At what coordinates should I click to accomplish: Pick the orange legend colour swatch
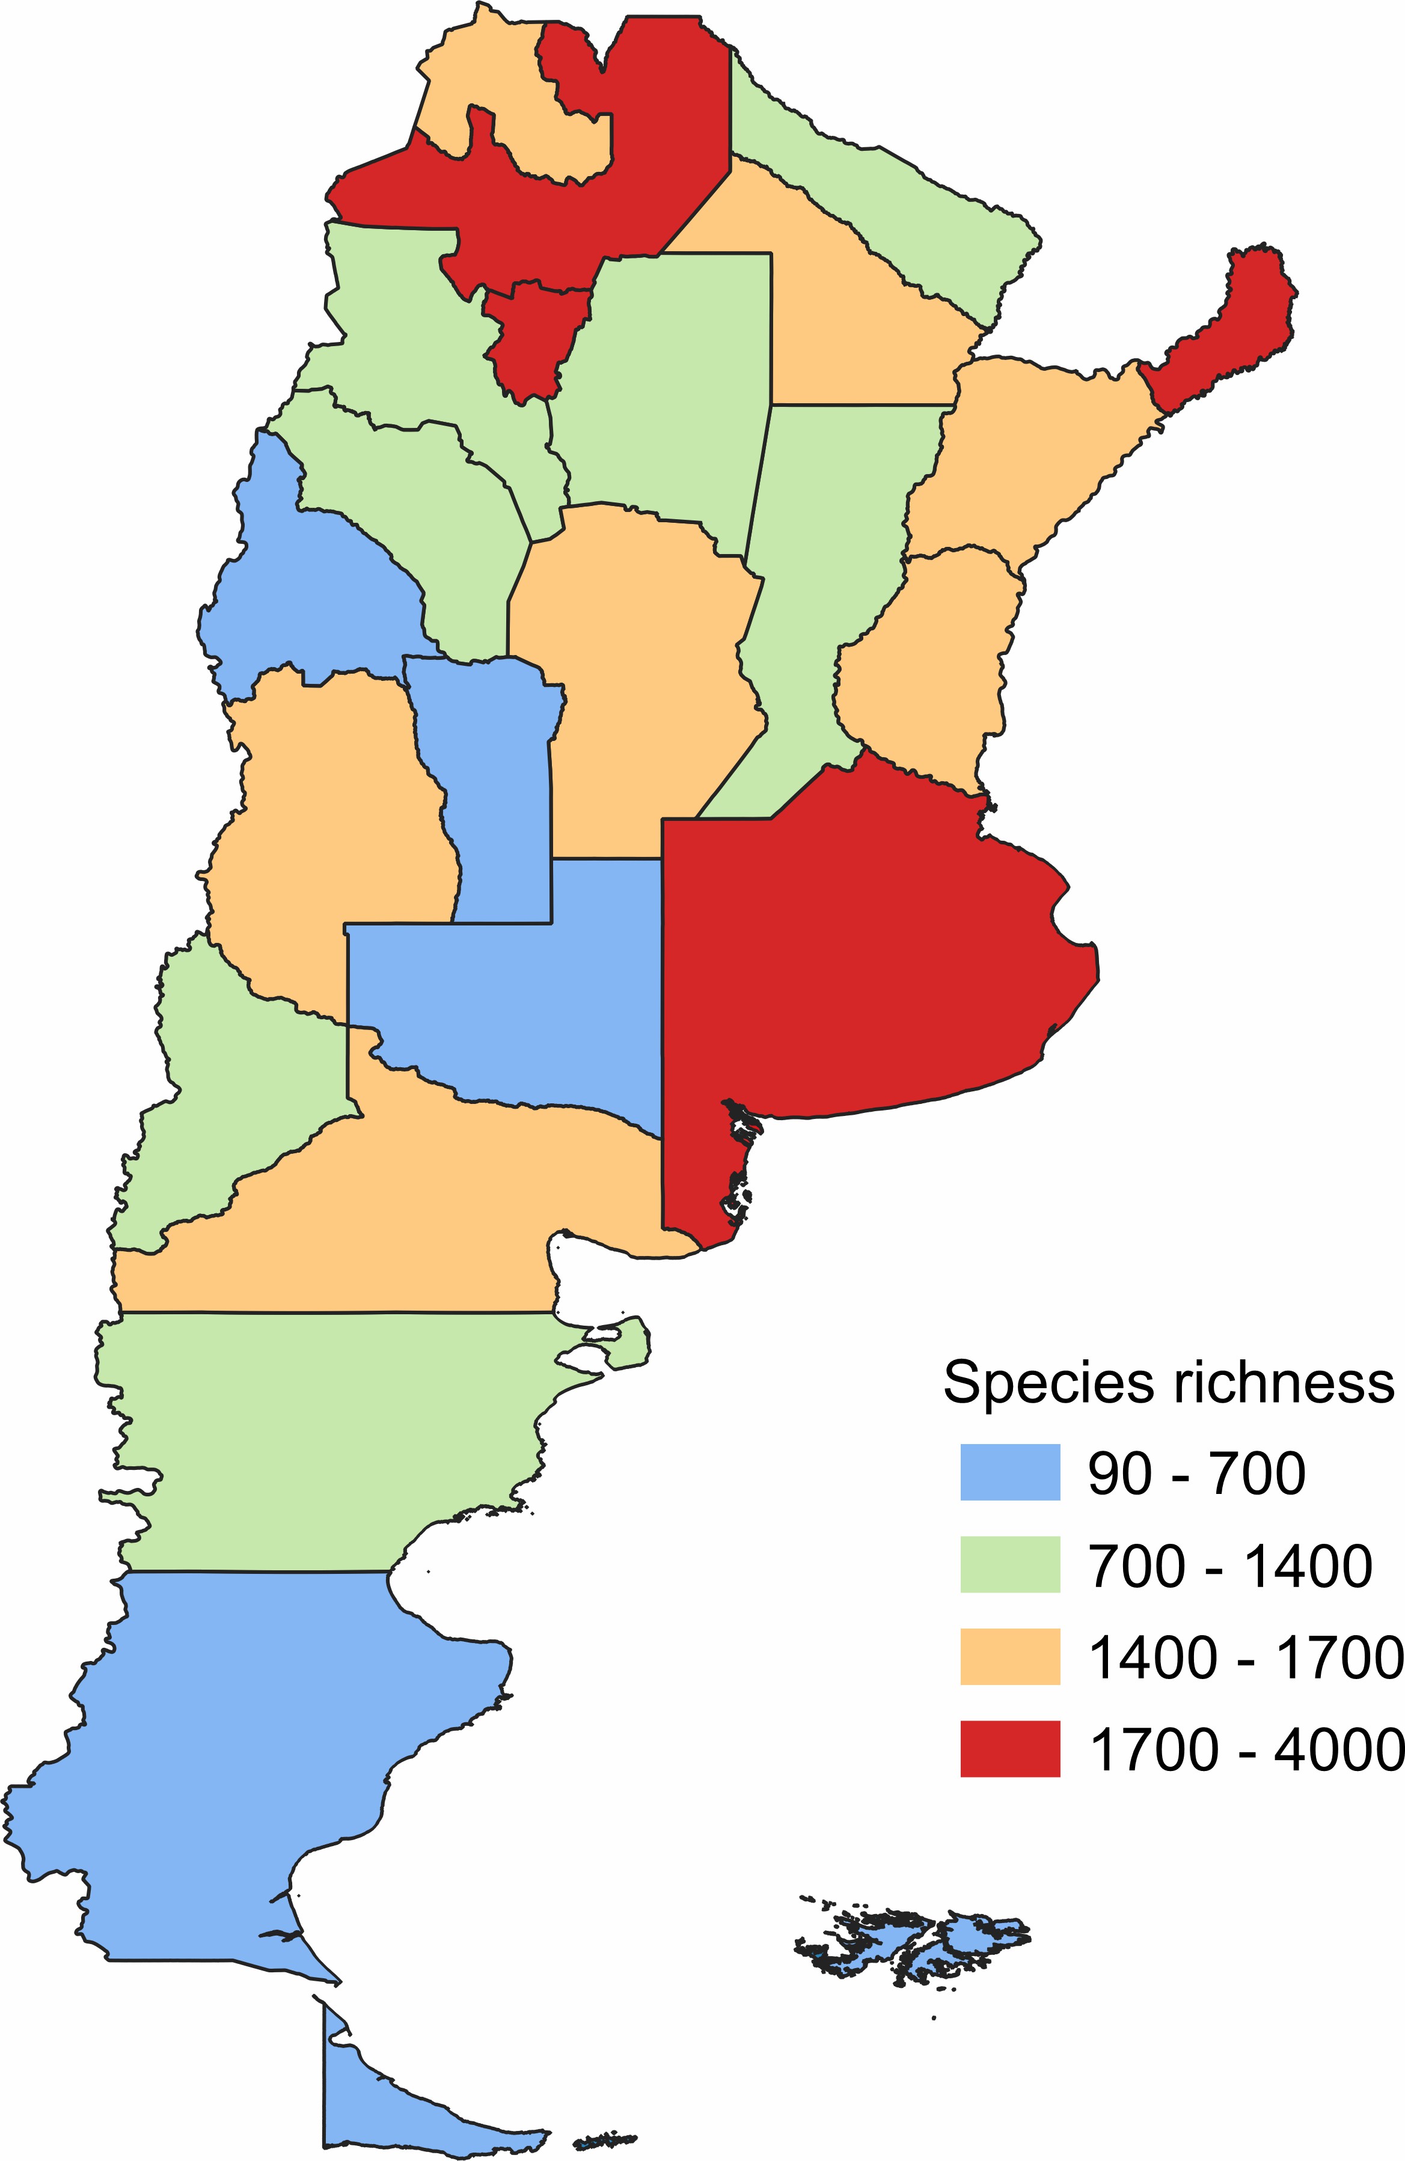1010,1657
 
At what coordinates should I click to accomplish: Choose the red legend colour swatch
1010,1749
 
